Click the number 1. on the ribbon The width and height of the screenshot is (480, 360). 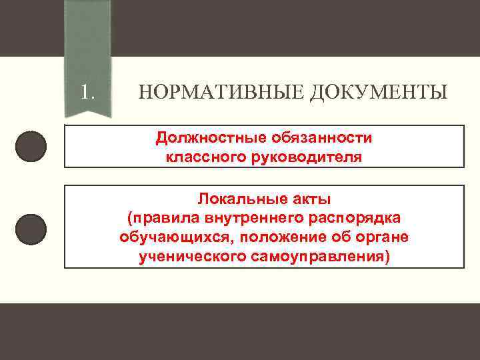click(x=87, y=91)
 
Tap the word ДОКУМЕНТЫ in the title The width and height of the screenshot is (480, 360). click(x=379, y=92)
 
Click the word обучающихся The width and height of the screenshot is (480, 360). click(x=176, y=237)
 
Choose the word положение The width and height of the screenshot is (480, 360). click(x=283, y=237)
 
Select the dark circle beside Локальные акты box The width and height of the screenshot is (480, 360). click(x=31, y=229)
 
